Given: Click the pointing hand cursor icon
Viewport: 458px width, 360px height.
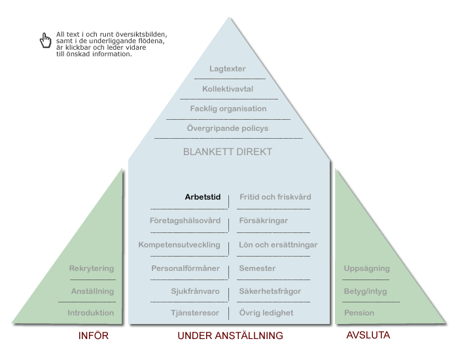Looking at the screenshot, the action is tap(45, 41).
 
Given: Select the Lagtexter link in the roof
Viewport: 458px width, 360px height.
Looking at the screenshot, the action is tap(228, 69).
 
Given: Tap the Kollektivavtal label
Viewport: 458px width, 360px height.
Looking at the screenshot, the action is tap(228, 89).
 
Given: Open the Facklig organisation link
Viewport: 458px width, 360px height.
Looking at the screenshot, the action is tap(228, 109).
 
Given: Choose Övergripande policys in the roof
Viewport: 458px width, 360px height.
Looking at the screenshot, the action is tap(228, 128).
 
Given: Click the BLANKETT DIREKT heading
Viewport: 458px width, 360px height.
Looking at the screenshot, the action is tap(228, 152).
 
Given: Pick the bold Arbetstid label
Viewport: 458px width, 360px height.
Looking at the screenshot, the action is tap(203, 197).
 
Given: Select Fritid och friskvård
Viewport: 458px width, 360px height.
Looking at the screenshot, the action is tap(275, 197).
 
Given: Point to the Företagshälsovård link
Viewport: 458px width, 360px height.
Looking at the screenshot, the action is tap(185, 221).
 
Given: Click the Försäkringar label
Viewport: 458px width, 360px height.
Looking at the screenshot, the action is tap(264, 221).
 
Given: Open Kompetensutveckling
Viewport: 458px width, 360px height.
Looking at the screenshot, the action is tap(179, 245).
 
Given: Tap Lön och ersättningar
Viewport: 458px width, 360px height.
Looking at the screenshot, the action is tap(278, 245).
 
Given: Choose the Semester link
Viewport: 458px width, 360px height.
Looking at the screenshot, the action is tap(257, 268).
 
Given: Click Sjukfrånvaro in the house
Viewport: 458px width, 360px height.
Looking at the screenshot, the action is tap(195, 291).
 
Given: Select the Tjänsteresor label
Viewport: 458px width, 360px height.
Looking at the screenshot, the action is tap(195, 313).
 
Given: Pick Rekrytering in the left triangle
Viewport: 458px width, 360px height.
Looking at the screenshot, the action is tap(92, 268).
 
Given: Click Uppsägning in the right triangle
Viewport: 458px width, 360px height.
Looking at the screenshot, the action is tap(366, 268).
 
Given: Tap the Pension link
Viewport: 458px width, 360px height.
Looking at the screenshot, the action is tap(359, 313).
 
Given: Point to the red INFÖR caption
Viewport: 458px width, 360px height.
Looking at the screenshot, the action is tap(94, 335).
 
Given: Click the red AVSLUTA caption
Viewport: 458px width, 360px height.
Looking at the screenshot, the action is tap(368, 335).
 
